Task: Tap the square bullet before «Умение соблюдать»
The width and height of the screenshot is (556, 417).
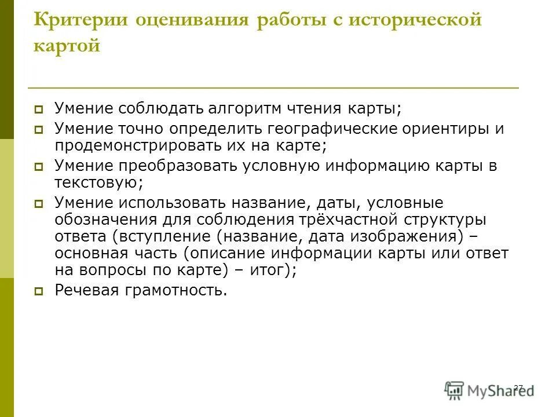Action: pos(39,109)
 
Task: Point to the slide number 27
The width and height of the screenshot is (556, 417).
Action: pos(518,386)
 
